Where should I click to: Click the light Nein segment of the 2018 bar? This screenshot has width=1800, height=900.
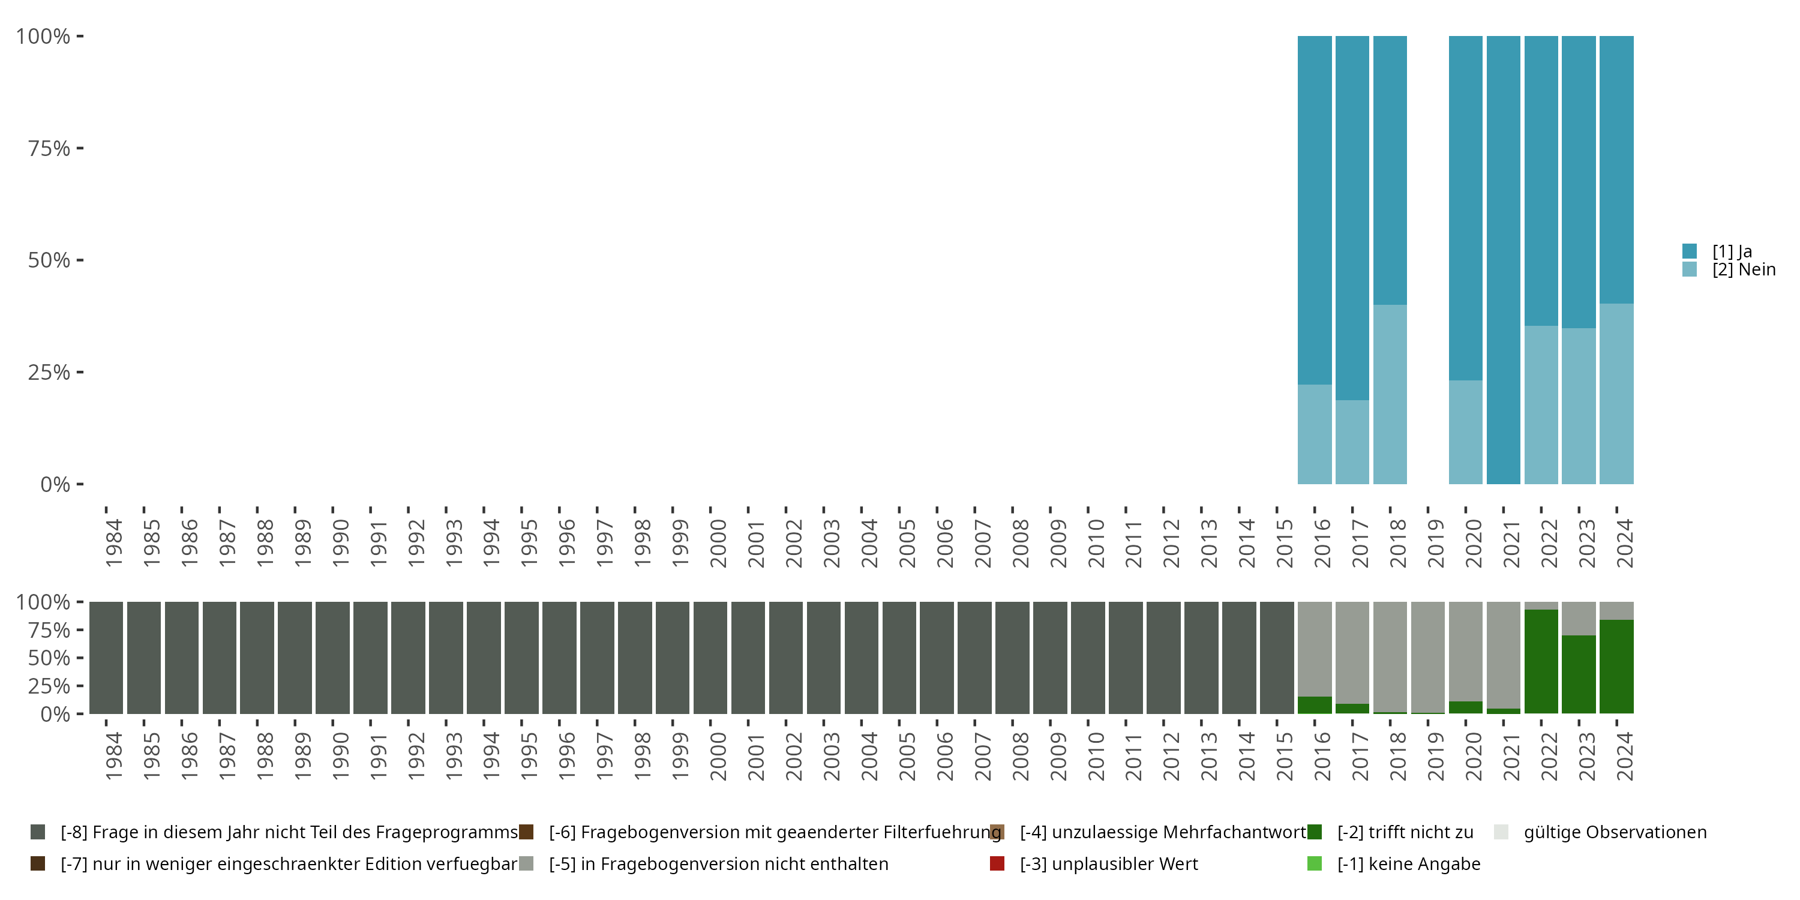point(1390,394)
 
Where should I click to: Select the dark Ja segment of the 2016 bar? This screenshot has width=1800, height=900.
point(1315,209)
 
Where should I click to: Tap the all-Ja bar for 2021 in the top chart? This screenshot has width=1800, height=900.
point(1503,260)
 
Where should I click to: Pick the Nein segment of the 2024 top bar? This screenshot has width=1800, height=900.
point(1616,394)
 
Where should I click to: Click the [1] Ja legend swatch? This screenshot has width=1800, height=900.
point(1690,251)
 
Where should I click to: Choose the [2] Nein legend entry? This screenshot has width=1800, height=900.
point(1743,270)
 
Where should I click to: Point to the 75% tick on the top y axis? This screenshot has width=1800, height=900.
point(49,148)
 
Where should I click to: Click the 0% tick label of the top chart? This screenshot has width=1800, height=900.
point(55,484)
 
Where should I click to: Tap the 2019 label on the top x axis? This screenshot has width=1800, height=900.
point(1435,544)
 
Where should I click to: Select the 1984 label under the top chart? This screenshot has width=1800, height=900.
point(113,544)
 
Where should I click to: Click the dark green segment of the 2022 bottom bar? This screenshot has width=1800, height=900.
point(1541,661)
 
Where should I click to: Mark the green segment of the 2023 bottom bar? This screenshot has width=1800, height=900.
point(1579,674)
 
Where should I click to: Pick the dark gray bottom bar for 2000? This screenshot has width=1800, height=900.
point(710,658)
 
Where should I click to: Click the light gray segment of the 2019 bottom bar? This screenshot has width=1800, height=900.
point(1427,657)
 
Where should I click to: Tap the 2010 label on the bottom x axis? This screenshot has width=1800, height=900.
point(1096,756)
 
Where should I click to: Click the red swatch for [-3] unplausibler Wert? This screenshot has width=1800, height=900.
point(997,863)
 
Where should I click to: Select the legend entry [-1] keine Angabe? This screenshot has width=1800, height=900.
point(1408,863)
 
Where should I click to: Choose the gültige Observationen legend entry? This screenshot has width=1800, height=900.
point(1614,832)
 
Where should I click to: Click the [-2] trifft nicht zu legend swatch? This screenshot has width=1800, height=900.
point(1315,832)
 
